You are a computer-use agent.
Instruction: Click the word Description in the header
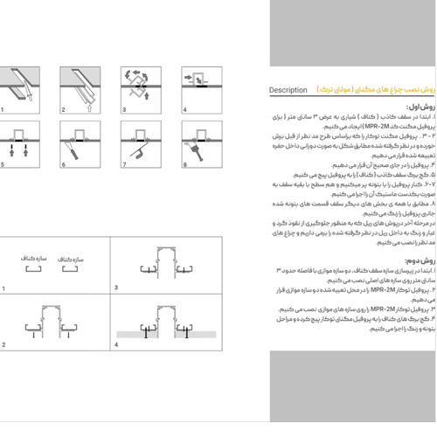pyautogui.click(x=288, y=90)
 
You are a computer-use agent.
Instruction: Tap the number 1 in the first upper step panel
pyautogui.click(x=3, y=110)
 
